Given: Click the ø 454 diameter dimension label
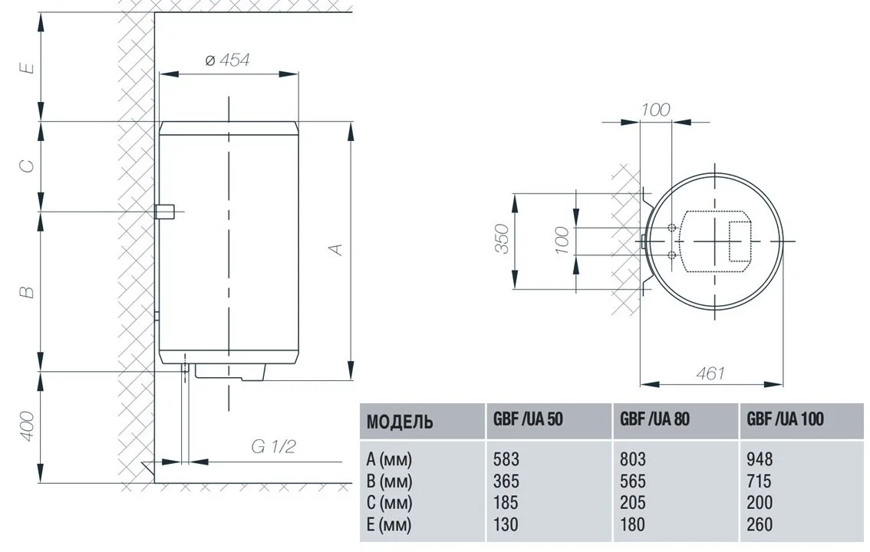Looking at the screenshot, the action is tap(228, 59).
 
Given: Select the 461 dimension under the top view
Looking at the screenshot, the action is tap(710, 373).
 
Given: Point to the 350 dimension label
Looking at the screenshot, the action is tap(502, 239).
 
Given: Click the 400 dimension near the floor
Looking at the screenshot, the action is tap(27, 426).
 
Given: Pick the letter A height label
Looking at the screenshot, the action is tap(336, 249).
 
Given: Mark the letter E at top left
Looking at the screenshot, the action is tap(27, 67).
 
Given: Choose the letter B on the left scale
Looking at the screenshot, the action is tap(27, 291).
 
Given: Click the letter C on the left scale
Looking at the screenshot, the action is tap(27, 165).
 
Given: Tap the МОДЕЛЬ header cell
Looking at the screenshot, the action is tap(400, 422).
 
